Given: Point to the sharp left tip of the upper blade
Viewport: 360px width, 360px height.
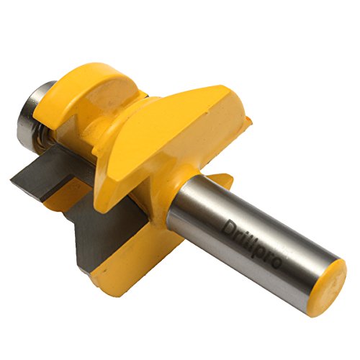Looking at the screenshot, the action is coord(11,179).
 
